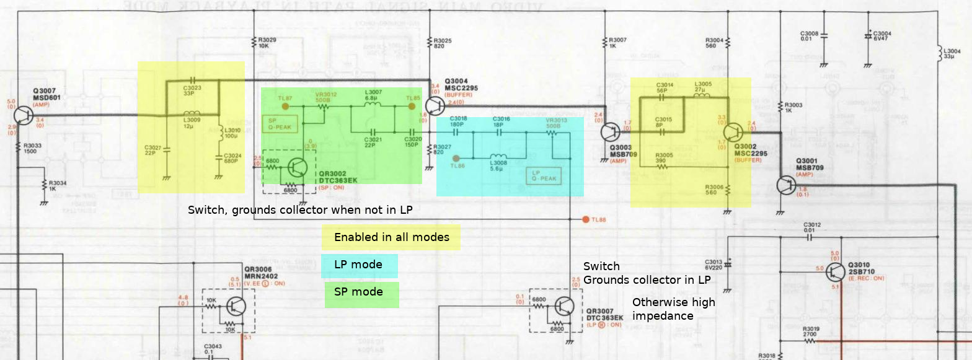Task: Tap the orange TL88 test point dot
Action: click(x=585, y=219)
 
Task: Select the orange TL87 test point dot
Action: click(x=285, y=106)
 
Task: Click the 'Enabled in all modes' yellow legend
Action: click(x=391, y=237)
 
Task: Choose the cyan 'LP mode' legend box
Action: click(x=360, y=265)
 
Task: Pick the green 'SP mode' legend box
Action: click(x=361, y=293)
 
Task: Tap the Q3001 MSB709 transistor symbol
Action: click(x=786, y=185)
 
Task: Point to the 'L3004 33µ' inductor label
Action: click(x=950, y=53)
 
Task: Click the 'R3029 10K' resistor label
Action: click(x=267, y=42)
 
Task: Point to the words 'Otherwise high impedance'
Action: click(x=673, y=309)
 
